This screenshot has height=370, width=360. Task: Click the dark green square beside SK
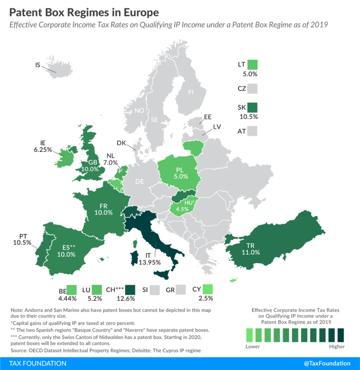[253, 108]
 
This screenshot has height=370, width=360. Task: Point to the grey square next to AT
[253, 132]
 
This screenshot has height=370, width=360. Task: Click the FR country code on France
[104, 205]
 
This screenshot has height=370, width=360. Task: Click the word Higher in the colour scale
[336, 347]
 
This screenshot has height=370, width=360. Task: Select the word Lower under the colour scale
[253, 347]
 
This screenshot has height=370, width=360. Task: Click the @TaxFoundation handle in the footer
[326, 363]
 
